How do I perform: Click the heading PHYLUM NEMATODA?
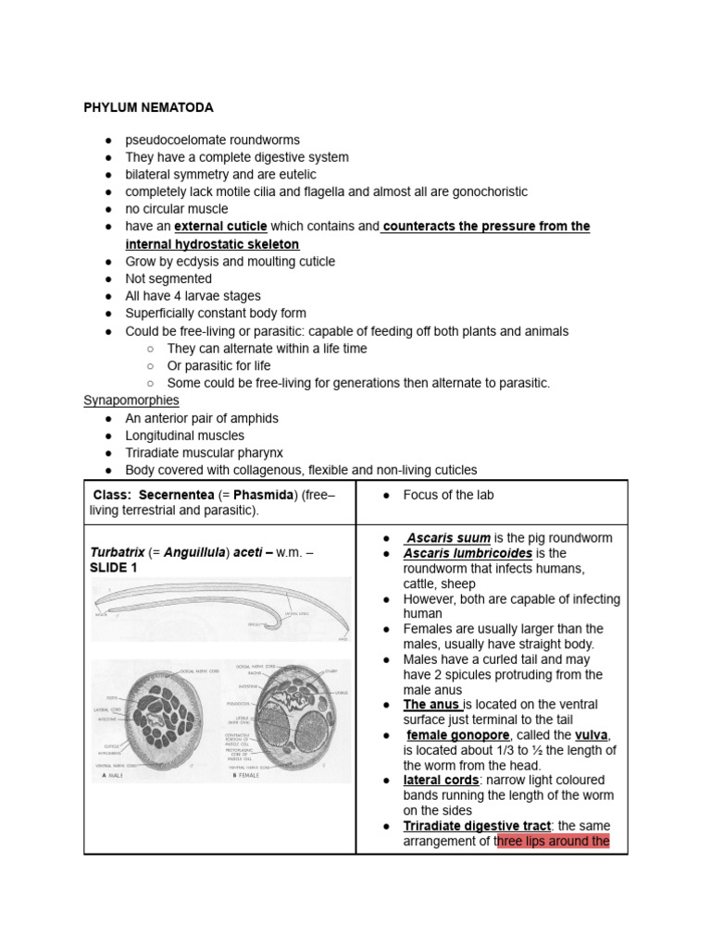pyautogui.click(x=148, y=108)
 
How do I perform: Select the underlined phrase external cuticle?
pyautogui.click(x=220, y=227)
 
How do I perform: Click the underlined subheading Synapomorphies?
pyautogui.click(x=131, y=400)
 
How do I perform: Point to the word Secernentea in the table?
pyautogui.click(x=177, y=495)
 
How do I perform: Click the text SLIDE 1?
pyautogui.click(x=113, y=568)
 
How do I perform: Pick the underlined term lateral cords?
pyautogui.click(x=440, y=781)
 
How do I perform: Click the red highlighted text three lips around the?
pyautogui.click(x=554, y=842)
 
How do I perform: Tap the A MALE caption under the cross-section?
pyautogui.click(x=113, y=775)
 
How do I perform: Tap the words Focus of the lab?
pyautogui.click(x=448, y=495)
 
